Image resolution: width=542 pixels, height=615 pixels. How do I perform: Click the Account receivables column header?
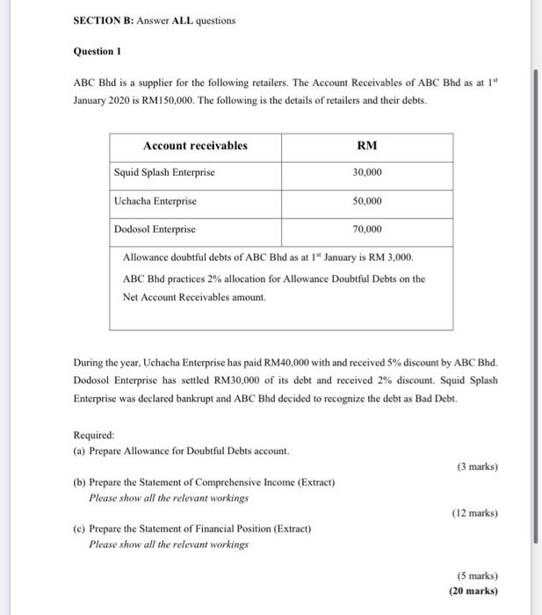(x=195, y=146)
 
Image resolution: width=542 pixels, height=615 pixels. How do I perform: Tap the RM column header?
(x=367, y=146)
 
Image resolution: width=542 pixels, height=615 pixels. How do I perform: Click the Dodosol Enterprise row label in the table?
(x=155, y=229)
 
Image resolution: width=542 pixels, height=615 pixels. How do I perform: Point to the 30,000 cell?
(x=367, y=173)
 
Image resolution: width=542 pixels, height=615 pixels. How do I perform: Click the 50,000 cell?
(x=367, y=201)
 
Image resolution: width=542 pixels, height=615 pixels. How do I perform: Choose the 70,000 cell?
(x=367, y=229)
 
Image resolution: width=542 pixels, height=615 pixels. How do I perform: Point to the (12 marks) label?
(x=474, y=512)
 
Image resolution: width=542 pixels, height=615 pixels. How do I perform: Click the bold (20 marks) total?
(x=473, y=591)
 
